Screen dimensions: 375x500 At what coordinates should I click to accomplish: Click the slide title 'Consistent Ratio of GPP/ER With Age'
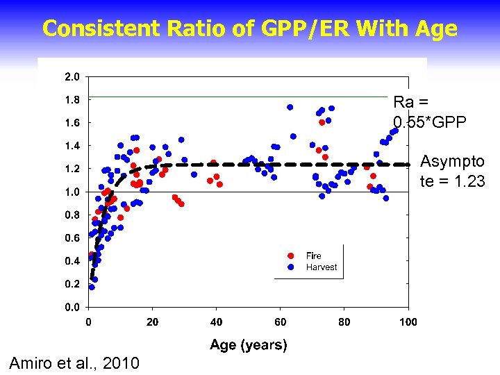250,28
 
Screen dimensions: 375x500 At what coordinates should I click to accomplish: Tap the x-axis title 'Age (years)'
249,344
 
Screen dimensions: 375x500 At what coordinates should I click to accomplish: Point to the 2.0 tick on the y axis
73,76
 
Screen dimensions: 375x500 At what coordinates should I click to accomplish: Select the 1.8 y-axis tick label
73,99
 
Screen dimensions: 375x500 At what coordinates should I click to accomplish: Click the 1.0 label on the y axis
73,192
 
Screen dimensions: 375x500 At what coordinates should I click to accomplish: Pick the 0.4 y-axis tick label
73,261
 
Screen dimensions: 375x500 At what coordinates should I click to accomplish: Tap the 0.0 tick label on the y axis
73,307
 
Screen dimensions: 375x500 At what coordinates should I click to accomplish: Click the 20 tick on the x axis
152,322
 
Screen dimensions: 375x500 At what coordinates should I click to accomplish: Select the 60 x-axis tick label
280,322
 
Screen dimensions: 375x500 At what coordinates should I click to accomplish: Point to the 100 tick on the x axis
408,322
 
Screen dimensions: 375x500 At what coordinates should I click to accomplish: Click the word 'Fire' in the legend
314,256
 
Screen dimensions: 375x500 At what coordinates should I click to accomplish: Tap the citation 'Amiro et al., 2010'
74,362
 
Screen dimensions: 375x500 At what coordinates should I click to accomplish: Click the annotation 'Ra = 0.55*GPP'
429,111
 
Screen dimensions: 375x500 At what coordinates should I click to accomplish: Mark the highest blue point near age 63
290,107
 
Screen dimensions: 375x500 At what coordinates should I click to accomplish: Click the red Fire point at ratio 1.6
322,122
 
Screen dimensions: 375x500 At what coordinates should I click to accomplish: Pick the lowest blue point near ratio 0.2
92,287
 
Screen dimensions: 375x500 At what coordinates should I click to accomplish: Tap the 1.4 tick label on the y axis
73,146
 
